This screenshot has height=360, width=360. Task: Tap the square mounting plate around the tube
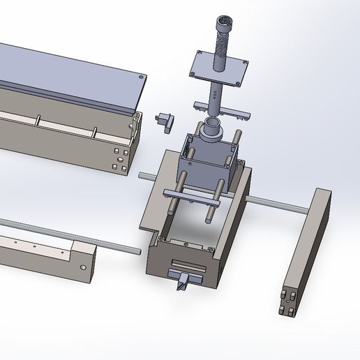237,70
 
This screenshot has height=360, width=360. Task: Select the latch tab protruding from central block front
183,282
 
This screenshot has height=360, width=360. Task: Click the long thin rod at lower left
63,233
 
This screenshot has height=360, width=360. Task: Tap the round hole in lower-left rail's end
84,267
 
